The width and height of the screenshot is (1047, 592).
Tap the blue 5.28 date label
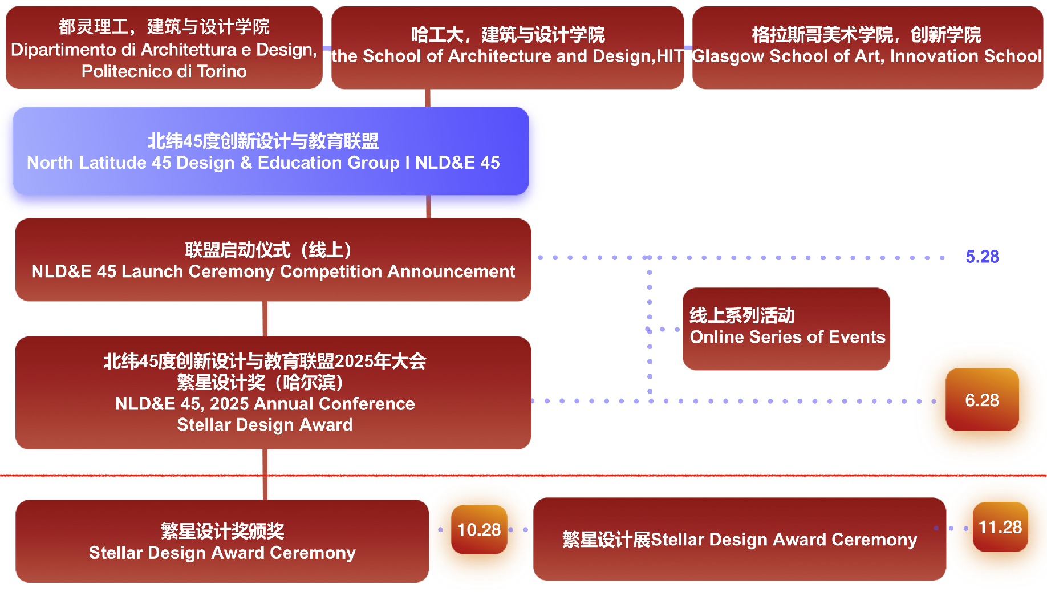coord(981,257)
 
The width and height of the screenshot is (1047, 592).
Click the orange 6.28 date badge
coord(981,400)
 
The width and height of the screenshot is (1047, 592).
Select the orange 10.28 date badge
coord(478,530)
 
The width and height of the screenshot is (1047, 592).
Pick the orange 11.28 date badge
coord(1000,527)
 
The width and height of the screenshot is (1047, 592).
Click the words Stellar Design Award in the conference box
coord(265,425)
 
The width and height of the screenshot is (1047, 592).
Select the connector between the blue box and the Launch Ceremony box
coord(428,206)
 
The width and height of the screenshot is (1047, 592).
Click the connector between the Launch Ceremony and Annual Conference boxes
coord(265,319)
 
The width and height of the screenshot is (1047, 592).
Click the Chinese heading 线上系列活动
coord(741,315)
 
